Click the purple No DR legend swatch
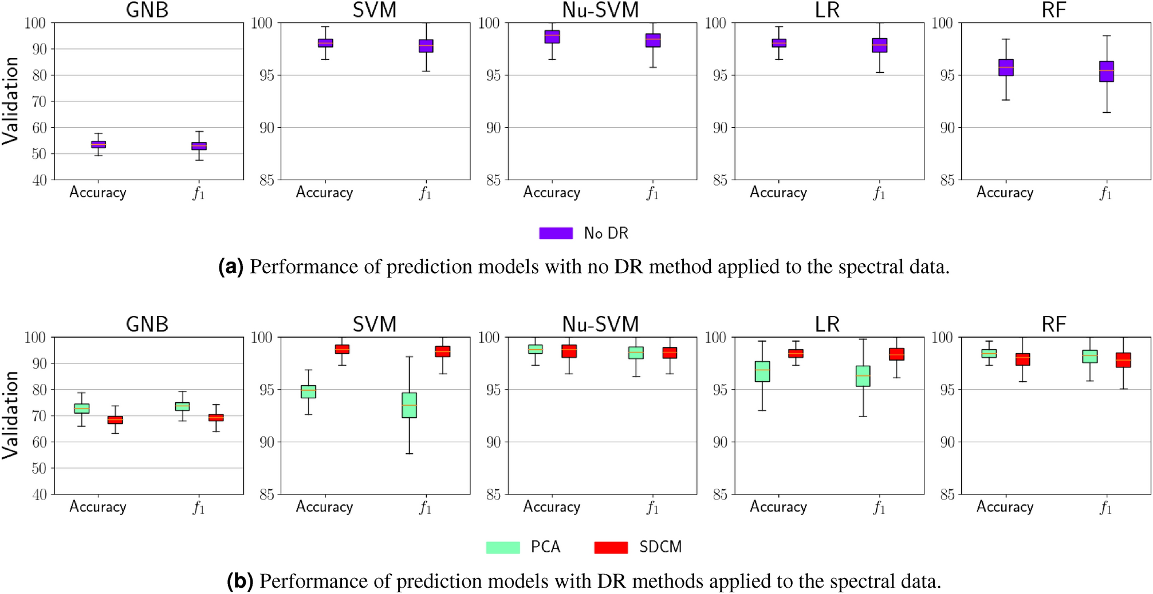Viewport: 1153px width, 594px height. click(555, 233)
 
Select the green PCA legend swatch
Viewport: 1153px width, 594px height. click(502, 547)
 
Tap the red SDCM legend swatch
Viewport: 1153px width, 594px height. click(611, 547)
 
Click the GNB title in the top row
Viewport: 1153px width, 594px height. click(147, 10)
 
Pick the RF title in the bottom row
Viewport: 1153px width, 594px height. click(1053, 324)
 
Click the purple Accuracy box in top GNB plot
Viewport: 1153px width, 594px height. click(99, 144)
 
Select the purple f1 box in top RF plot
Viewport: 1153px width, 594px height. click(1107, 72)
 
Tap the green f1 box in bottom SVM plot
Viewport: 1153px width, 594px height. click(409, 405)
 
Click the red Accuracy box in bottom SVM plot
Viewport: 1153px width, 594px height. click(342, 349)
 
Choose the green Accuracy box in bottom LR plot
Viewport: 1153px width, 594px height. click(762, 371)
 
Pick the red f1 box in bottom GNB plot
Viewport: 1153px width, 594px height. click(216, 418)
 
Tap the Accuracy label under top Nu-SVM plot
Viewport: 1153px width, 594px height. click(552, 192)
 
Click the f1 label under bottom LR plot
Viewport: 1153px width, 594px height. click(879, 508)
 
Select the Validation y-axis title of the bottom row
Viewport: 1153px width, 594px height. click(10, 415)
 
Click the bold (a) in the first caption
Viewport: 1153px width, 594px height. click(230, 267)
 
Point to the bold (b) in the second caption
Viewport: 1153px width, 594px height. click(239, 581)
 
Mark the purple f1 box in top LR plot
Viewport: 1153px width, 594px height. click(880, 45)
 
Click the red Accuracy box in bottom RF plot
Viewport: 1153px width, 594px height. click(1022, 359)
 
